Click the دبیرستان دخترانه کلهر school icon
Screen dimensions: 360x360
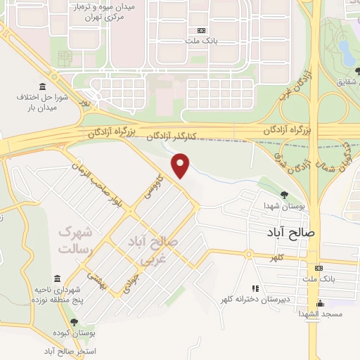255,288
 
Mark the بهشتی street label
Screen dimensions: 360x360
97,278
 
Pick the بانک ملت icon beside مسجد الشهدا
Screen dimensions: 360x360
319,268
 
